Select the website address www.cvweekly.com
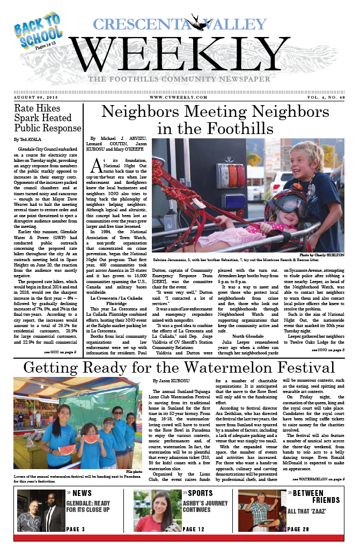coord(180,97)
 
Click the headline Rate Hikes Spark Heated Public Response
coord(48,118)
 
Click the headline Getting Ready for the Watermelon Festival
coord(179,368)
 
